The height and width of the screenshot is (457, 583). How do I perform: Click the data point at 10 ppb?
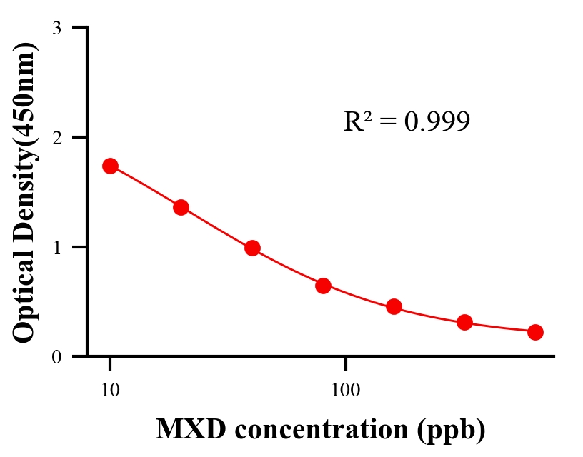point(110,166)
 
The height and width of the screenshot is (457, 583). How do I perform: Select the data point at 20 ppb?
point(181,207)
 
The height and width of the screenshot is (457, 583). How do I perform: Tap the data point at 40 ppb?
point(252,248)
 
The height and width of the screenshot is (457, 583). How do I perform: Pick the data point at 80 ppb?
point(323,286)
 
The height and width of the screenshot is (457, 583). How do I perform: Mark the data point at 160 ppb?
point(394,307)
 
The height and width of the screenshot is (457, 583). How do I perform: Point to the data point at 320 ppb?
point(464,322)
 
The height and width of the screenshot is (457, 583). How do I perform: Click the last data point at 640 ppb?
point(535,332)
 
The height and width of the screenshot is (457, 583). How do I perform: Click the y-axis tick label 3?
point(56,28)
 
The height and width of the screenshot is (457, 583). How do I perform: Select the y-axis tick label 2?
point(56,137)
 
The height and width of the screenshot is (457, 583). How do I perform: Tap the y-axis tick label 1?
point(56,247)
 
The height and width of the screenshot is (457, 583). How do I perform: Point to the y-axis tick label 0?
point(56,357)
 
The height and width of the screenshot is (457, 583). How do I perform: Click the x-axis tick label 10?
point(110,391)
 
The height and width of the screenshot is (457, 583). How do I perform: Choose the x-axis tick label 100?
point(345,391)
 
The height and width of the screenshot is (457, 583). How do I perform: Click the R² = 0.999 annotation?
point(407,121)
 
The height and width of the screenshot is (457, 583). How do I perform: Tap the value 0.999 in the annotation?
point(437,122)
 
